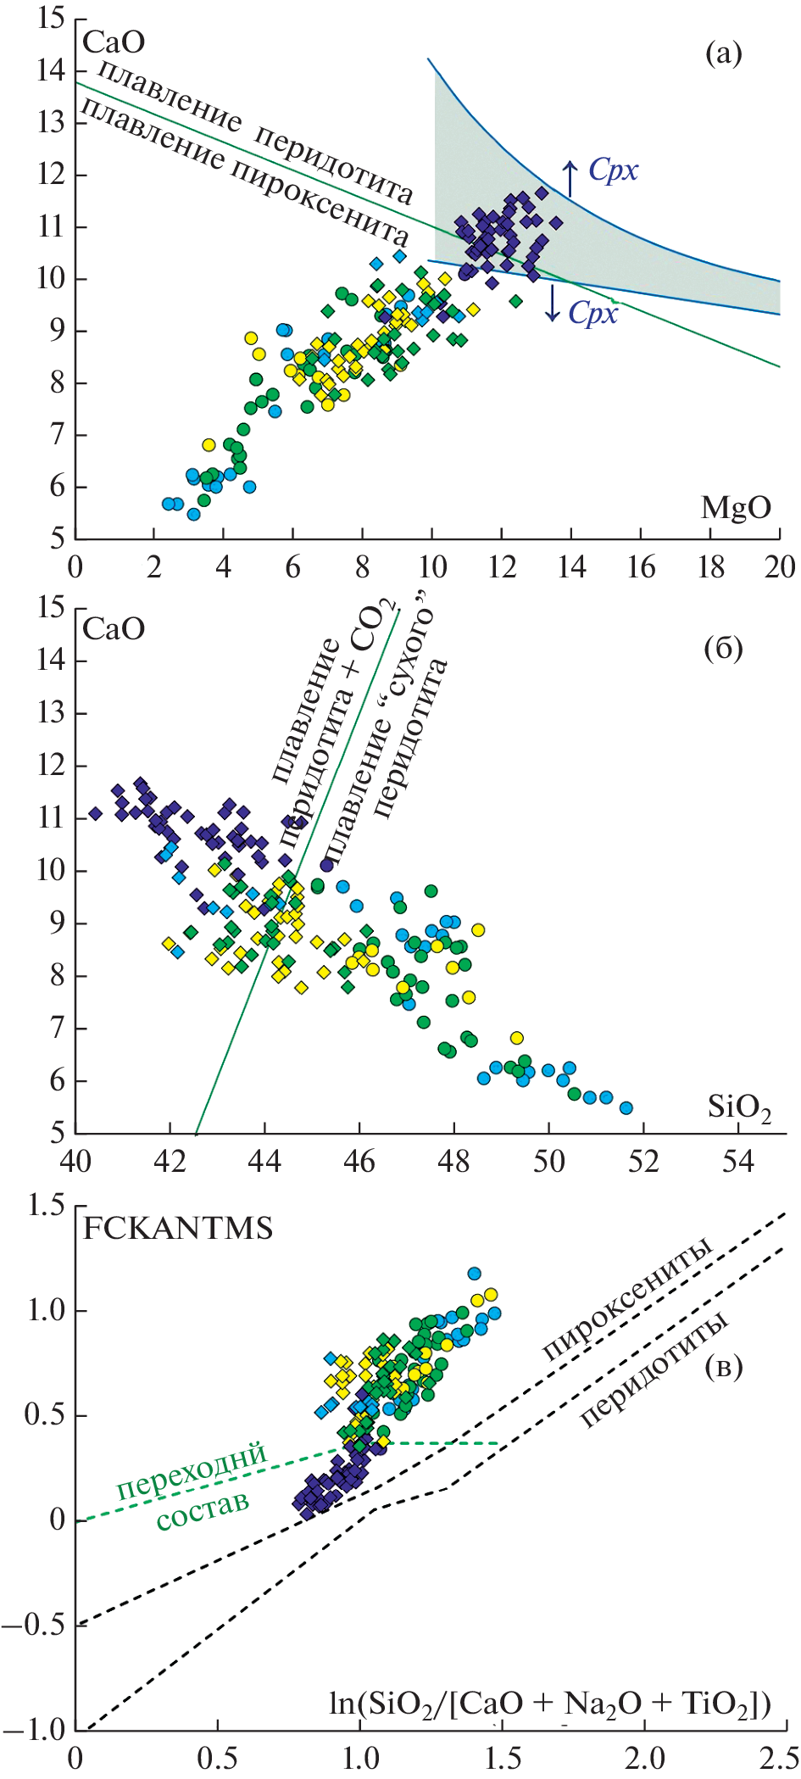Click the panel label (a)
click(723, 54)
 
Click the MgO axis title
click(736, 508)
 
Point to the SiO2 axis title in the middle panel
click(739, 1107)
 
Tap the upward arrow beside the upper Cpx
click(570, 177)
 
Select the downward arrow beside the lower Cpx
click(553, 303)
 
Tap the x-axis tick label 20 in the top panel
click(779, 567)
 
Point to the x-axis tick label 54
click(737, 1162)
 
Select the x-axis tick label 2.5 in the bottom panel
click(778, 1758)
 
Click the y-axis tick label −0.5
click(34, 1624)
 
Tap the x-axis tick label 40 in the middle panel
click(75, 1162)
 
